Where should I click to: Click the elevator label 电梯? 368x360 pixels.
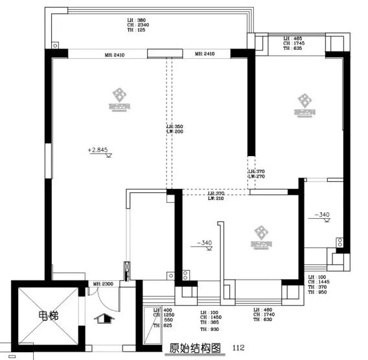pyautogui.click(x=47, y=317)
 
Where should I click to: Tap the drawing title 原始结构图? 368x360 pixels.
pyautogui.click(x=191, y=348)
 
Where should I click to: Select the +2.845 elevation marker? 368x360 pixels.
pyautogui.click(x=97, y=150)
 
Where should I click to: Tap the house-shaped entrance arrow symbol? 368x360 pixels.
pyautogui.click(x=101, y=317)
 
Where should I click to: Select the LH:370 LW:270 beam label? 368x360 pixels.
pyautogui.click(x=257, y=174)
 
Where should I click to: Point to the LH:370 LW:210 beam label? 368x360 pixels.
pyautogui.click(x=216, y=196)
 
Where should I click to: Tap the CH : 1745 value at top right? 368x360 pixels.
pyautogui.click(x=294, y=43)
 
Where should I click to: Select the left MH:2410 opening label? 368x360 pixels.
pyautogui.click(x=115, y=55)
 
